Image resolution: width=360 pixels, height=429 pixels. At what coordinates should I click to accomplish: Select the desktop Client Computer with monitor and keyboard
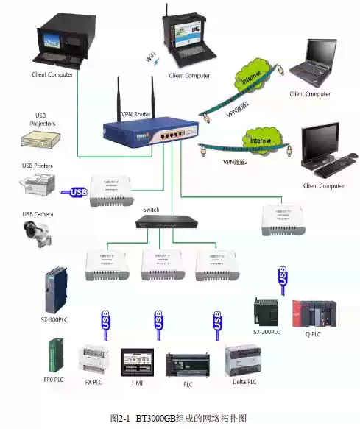pos(325,151)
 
